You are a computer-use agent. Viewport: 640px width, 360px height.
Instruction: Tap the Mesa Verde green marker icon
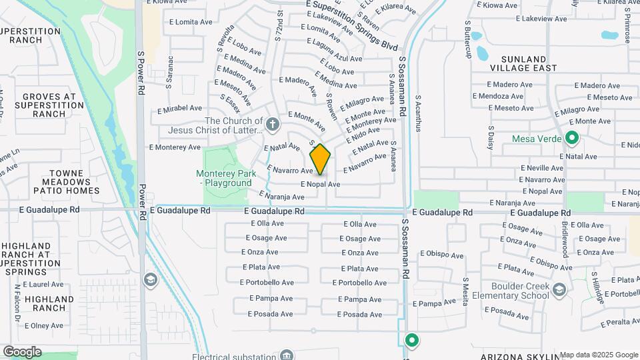pyautogui.click(x=571, y=139)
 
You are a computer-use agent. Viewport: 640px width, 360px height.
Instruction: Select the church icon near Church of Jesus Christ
pyautogui.click(x=272, y=124)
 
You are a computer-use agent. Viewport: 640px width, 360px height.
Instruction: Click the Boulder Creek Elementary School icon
pyautogui.click(x=559, y=289)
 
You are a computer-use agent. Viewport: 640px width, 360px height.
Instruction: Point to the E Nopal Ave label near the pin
pyautogui.click(x=320, y=184)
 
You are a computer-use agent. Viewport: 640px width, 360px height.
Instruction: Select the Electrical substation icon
pyautogui.click(x=287, y=355)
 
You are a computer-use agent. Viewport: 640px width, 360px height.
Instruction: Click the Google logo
pyautogui.click(x=22, y=351)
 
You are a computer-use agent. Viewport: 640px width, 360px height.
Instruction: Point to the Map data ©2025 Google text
pyautogui.click(x=599, y=355)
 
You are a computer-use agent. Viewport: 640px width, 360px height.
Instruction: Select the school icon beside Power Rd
pyautogui.click(x=149, y=279)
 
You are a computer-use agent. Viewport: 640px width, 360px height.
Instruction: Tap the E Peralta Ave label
pyautogui.click(x=620, y=323)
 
